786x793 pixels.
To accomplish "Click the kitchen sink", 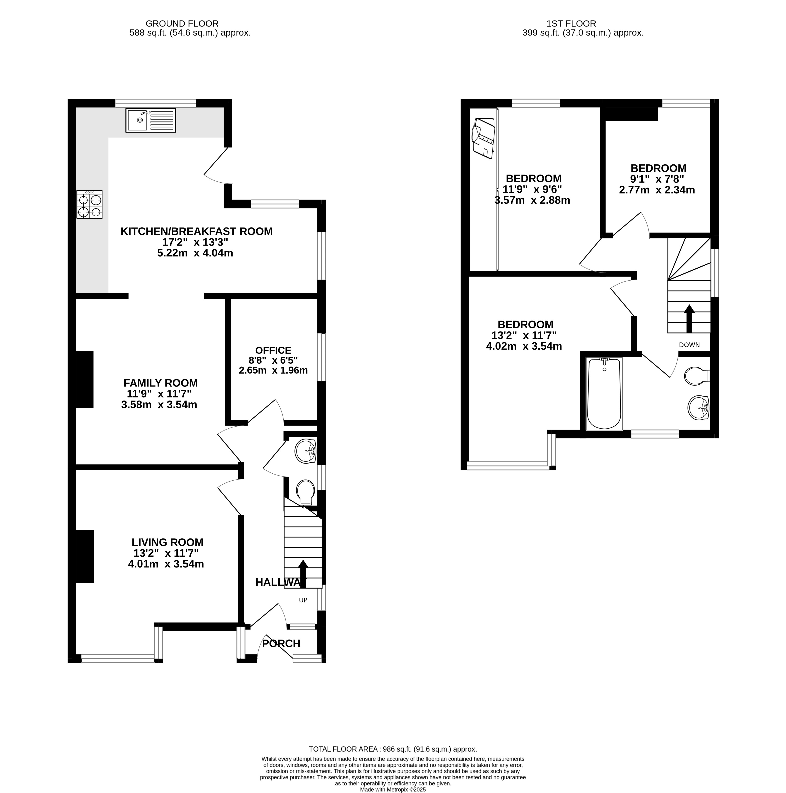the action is tap(150, 120).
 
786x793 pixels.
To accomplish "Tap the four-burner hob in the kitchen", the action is tap(90, 204).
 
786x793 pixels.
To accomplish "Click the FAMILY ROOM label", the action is tap(161, 383).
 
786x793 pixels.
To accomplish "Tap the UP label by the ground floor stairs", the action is tap(303, 600).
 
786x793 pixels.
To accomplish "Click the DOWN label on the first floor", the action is tap(690, 345).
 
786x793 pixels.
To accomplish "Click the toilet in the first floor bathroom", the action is tap(697, 376).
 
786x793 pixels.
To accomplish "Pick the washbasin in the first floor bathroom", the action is tap(699, 408).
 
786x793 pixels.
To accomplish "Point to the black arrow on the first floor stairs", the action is tap(689, 318).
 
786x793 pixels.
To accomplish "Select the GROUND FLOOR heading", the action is tap(182, 24).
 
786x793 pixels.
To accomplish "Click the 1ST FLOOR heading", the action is tap(571, 24).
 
